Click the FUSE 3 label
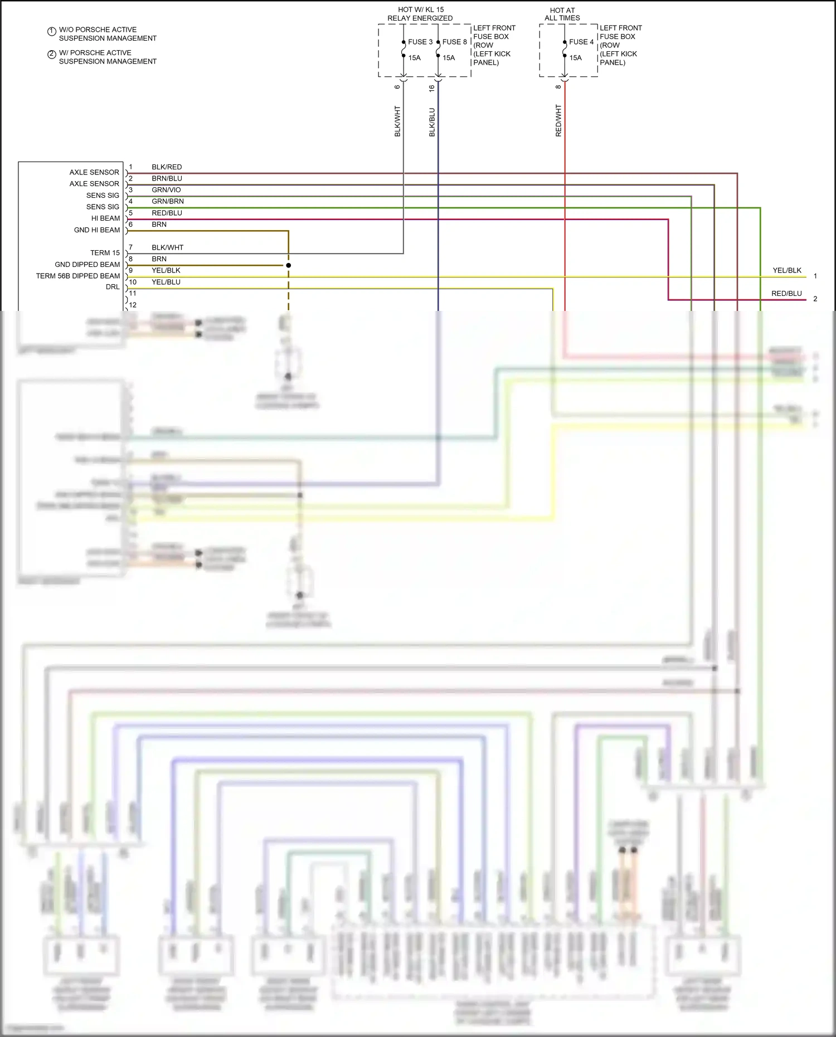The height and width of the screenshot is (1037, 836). [x=420, y=42]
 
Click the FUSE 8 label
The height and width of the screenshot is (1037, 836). [x=454, y=42]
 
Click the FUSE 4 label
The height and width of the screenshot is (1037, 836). [x=581, y=42]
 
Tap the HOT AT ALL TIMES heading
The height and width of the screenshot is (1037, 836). [x=562, y=14]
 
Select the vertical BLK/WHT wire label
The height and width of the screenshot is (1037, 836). [x=397, y=121]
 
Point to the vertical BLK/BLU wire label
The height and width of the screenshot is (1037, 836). [x=432, y=122]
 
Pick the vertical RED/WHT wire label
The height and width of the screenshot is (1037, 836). [x=558, y=120]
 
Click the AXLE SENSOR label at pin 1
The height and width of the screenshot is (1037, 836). [x=94, y=172]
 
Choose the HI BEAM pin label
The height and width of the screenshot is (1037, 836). [x=105, y=218]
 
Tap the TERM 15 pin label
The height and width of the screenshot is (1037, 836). [x=105, y=253]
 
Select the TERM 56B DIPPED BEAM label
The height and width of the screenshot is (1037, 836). [x=78, y=276]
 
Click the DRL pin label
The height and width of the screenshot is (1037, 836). [x=113, y=287]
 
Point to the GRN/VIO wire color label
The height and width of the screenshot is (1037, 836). [x=166, y=190]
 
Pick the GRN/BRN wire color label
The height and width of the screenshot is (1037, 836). [x=167, y=201]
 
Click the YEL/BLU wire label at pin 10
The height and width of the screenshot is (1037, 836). [x=166, y=282]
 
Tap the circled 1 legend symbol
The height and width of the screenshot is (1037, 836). [x=51, y=31]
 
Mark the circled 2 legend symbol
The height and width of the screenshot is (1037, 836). [x=51, y=54]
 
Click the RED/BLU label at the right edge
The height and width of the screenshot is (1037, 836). [x=786, y=294]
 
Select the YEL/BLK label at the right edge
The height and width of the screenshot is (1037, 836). [x=786, y=270]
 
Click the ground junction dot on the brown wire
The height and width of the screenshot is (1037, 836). [x=289, y=265]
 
